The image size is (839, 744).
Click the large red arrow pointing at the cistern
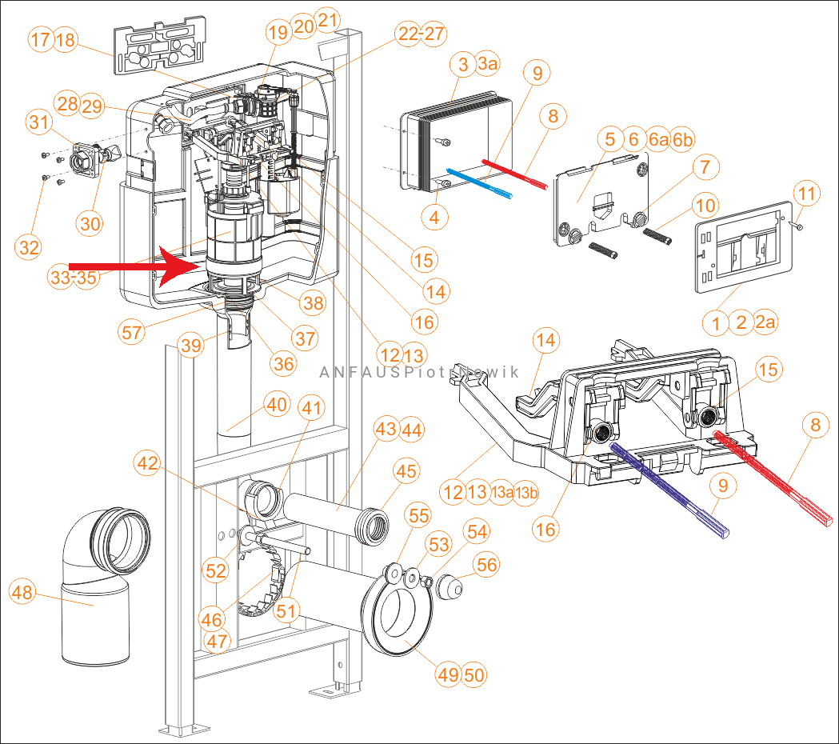click(x=128, y=266)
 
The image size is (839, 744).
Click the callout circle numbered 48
click(x=23, y=593)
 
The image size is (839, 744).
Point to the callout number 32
click(x=29, y=248)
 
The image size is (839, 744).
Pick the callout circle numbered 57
click(x=133, y=332)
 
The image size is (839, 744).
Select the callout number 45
click(x=406, y=471)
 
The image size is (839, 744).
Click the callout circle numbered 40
click(x=277, y=405)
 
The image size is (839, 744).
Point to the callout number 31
click(x=38, y=122)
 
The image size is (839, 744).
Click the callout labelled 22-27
click(x=421, y=34)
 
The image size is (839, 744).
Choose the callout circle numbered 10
click(x=705, y=206)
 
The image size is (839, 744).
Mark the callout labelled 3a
click(x=487, y=65)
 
